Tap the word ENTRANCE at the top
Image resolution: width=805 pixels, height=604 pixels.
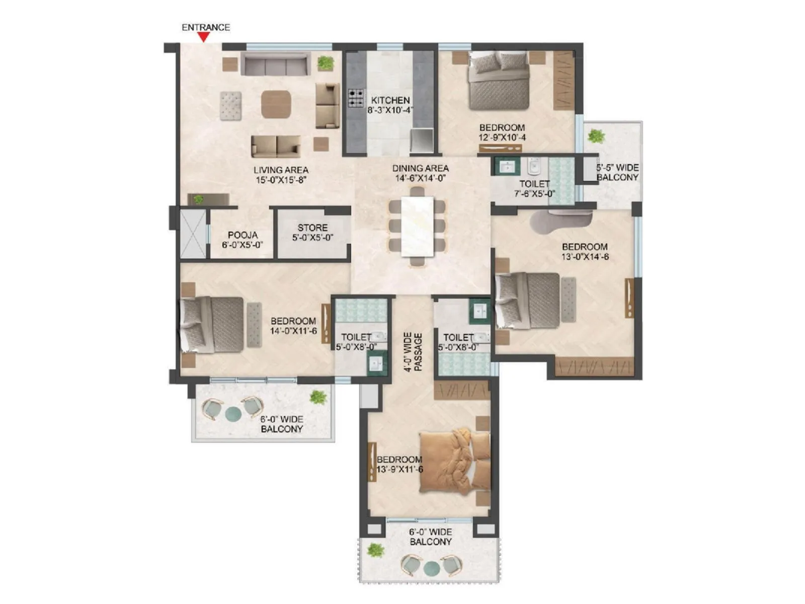tap(206, 27)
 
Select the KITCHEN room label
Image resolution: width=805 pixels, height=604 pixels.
tap(390, 100)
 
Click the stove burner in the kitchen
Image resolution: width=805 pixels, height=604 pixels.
tap(356, 98)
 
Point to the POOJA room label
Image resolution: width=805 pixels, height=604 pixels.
tap(243, 235)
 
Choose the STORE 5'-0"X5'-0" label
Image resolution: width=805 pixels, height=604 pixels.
tap(312, 233)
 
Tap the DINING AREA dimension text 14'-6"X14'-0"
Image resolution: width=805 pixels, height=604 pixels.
tap(420, 178)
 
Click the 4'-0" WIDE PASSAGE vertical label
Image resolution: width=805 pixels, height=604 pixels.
tap(413, 351)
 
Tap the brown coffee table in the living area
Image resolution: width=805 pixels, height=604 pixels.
tap(276, 104)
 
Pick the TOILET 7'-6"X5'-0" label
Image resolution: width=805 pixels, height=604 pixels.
tap(534, 189)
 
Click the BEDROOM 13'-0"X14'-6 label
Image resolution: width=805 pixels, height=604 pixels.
tap(585, 252)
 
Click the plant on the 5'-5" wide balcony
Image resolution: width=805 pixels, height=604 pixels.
tap(596, 136)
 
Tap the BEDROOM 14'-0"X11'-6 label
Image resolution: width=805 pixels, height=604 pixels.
tap(293, 326)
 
